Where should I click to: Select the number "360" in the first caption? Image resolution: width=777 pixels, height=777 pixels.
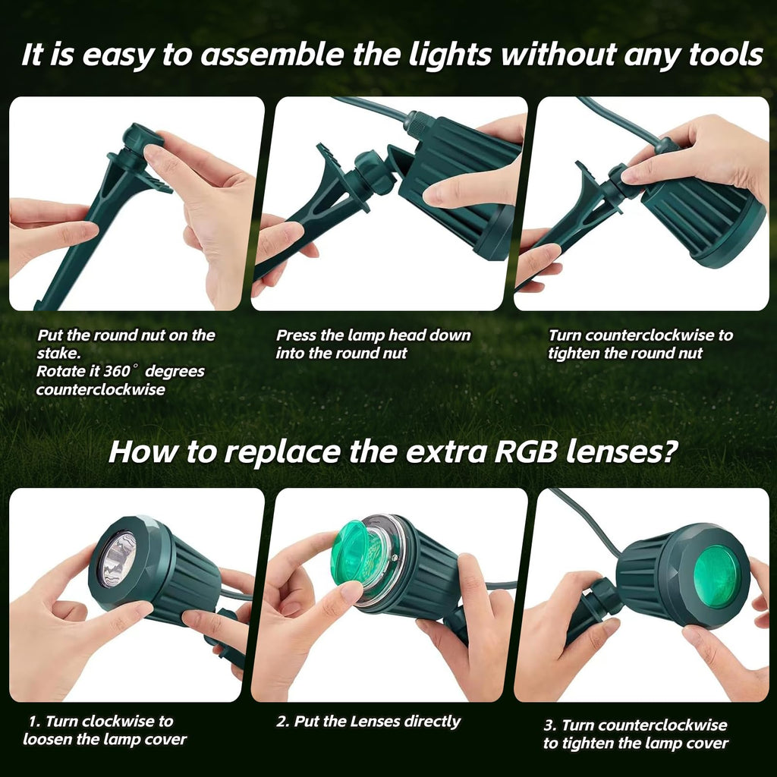(x=115, y=372)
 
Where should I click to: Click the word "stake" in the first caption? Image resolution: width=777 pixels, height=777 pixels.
(x=57, y=354)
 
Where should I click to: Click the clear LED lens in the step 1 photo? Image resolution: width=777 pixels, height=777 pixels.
(x=118, y=559)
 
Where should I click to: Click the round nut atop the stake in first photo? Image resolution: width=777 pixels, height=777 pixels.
(x=143, y=140)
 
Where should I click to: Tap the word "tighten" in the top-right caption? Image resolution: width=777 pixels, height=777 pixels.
(x=577, y=354)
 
